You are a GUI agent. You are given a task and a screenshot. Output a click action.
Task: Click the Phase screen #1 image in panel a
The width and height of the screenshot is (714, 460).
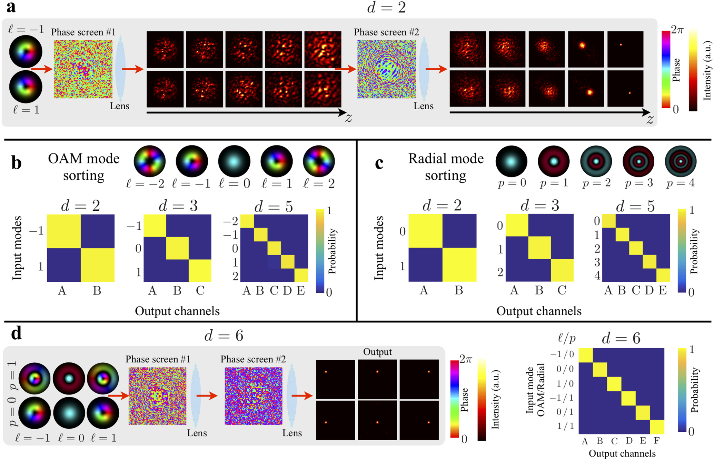83,69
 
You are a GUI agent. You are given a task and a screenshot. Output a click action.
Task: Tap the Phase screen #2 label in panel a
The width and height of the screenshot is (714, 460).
386,32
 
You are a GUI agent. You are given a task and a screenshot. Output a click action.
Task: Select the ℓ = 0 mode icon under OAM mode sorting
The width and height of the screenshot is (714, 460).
234,161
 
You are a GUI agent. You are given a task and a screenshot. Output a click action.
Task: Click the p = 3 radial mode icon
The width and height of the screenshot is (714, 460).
638,161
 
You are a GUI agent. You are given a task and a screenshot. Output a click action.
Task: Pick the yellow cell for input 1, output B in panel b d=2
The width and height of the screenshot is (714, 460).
98,265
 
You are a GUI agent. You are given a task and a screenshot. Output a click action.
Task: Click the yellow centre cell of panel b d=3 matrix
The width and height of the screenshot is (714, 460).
177,248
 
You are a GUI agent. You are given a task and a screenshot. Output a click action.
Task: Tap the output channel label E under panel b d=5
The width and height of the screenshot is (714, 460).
301,291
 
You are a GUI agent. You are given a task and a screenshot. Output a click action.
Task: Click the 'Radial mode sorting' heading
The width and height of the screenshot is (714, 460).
446,167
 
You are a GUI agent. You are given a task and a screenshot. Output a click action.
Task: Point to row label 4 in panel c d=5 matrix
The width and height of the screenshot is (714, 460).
597,276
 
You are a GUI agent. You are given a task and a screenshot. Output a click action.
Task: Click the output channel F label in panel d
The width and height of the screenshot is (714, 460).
657,441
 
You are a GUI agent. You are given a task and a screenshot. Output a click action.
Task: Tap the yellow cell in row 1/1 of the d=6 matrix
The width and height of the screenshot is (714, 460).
657,427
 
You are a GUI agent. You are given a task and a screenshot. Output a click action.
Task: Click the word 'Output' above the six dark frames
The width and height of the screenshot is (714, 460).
377,352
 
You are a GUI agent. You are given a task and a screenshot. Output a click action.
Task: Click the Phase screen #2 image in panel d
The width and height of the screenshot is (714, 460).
254,396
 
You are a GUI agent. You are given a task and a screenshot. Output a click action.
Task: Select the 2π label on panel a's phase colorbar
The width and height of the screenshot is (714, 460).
677,30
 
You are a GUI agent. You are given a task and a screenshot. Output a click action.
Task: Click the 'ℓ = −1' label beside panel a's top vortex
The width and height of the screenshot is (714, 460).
26,29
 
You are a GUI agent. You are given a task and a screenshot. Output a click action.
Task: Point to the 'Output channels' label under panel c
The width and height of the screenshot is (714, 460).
539,311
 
